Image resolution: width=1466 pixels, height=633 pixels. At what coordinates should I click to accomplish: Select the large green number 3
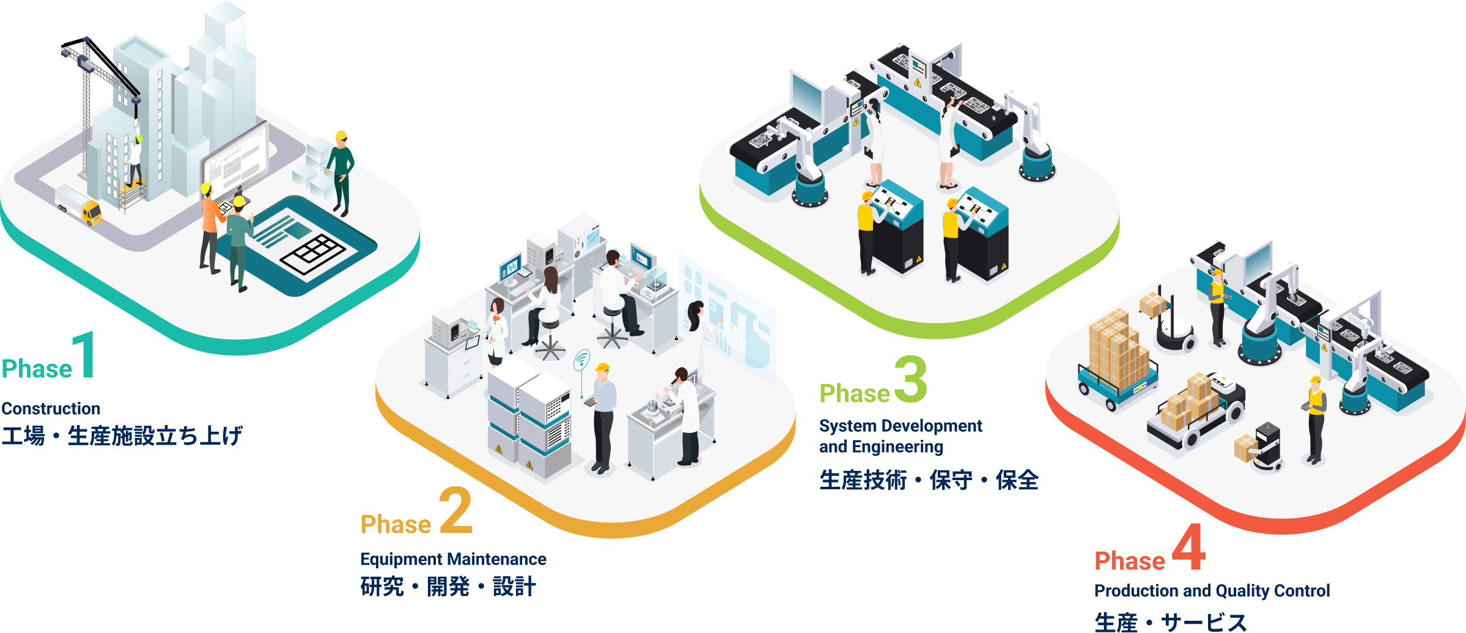point(911,380)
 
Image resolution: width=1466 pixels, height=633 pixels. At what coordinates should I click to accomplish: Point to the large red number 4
point(1189,547)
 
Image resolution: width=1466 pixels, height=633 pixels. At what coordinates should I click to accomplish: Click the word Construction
point(51,409)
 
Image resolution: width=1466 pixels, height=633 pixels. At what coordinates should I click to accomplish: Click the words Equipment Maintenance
point(453,559)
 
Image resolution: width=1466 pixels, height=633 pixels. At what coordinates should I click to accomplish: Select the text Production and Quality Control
point(1212,591)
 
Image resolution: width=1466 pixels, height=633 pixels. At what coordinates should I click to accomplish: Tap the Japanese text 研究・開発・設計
point(448,587)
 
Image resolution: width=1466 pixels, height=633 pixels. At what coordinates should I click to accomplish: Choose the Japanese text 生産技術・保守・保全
point(929,480)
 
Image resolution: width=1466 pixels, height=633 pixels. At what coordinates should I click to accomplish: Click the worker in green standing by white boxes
point(341,171)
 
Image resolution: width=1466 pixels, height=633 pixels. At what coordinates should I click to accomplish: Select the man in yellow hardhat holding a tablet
point(603,416)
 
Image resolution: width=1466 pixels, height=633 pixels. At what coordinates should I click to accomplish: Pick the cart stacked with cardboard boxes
point(1116,361)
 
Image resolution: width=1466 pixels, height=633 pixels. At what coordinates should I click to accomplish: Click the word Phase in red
point(1130,561)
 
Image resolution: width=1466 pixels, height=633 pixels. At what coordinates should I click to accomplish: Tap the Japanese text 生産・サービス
point(1170,622)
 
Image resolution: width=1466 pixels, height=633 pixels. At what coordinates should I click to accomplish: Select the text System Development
point(901,426)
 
